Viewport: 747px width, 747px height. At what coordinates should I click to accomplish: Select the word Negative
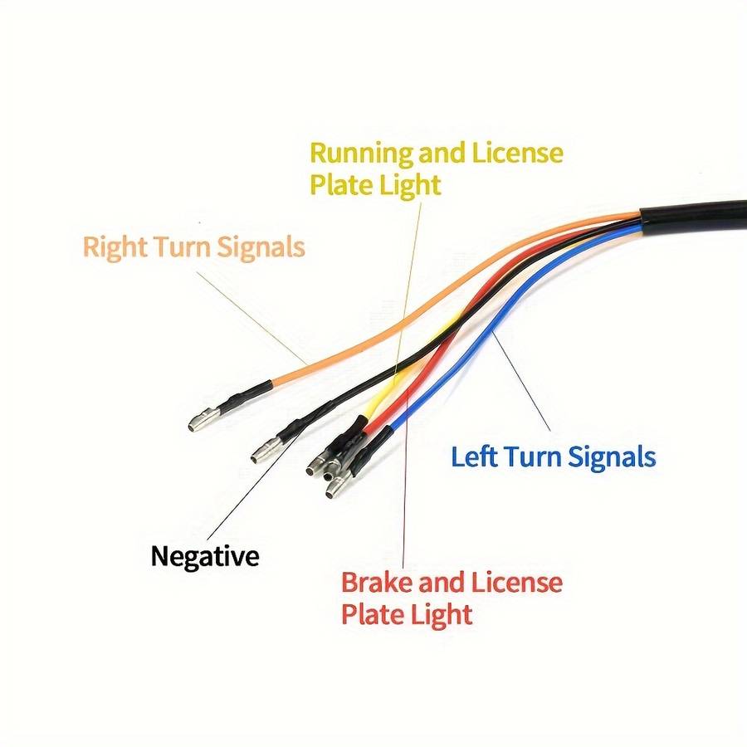[x=205, y=555]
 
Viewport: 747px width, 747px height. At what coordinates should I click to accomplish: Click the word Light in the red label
[x=442, y=615]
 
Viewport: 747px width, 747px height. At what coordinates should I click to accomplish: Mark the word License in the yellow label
[x=518, y=154]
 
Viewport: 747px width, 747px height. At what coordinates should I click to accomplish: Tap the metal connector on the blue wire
[x=336, y=488]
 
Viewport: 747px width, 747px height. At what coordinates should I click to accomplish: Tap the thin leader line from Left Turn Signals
[x=523, y=382]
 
